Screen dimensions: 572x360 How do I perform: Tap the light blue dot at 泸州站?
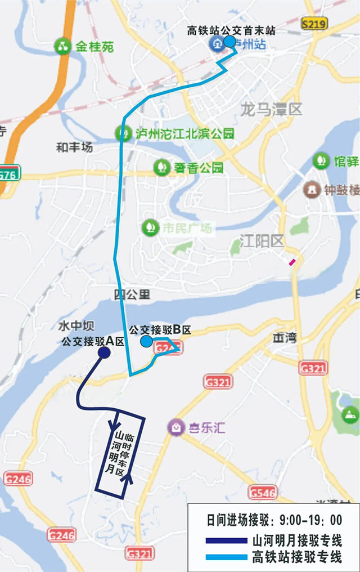pos(229,42)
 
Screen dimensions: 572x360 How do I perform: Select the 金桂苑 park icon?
pos(62,46)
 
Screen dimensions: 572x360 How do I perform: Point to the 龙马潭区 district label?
pos(271,109)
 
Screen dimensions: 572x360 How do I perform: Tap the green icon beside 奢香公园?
pos(161,167)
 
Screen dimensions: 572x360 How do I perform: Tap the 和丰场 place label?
pos(74,148)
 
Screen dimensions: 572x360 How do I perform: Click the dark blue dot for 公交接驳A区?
pos(104,352)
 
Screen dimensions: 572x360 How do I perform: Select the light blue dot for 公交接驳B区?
pos(146,341)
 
